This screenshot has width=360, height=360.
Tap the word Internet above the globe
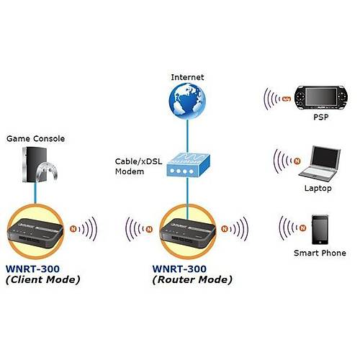(x=186, y=77)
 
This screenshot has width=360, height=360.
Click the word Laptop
(x=317, y=189)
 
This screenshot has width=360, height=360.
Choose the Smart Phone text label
(x=320, y=253)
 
